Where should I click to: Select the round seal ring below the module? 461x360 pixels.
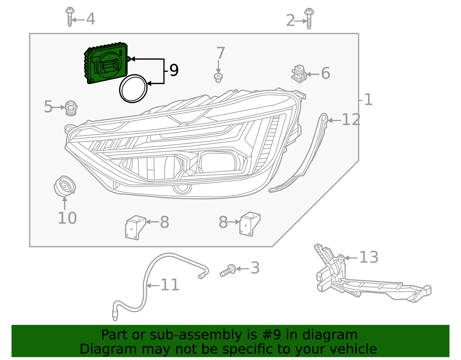(133, 88)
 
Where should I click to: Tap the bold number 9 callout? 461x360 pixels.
(174, 70)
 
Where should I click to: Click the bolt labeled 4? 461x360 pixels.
(69, 17)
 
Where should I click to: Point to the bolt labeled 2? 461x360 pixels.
(309, 18)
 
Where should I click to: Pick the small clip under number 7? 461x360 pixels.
(218, 78)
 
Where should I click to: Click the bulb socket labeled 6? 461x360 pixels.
(299, 74)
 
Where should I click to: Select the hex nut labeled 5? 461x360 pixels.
(71, 108)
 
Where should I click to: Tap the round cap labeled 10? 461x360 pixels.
(65, 186)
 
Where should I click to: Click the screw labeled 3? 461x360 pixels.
(228, 270)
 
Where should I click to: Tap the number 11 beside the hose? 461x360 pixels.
(170, 285)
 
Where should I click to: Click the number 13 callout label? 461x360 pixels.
(369, 257)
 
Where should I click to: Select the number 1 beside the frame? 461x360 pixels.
(368, 100)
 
